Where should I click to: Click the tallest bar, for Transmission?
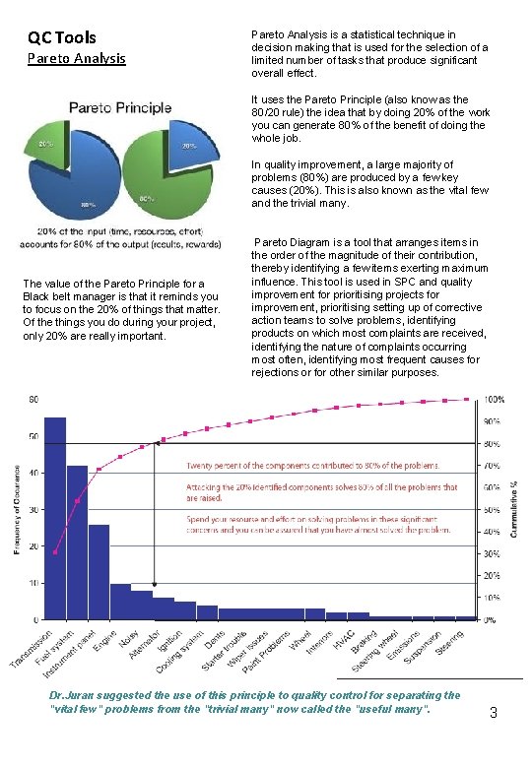click(55, 518)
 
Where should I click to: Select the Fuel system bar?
click(77, 542)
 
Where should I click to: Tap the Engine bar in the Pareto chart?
click(120, 602)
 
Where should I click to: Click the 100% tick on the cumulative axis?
click(492, 400)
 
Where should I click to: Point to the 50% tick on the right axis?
click(490, 510)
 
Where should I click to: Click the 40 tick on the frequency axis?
click(33, 473)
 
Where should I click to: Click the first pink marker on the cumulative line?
click(55, 552)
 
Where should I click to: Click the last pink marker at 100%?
click(468, 399)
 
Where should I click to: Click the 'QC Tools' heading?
click(61, 38)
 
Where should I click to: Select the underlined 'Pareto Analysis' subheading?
click(76, 58)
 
